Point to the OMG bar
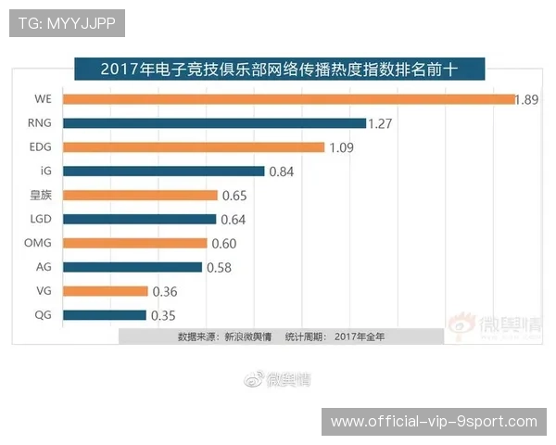[x=160, y=244]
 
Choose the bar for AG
[x=158, y=268]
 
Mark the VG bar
[x=132, y=292]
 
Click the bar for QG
[x=131, y=316]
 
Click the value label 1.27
[x=381, y=123]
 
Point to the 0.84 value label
[x=281, y=172]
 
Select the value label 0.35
[x=162, y=316]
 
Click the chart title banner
[x=278, y=69]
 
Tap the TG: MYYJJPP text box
[x=67, y=23]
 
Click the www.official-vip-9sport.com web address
[x=434, y=422]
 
